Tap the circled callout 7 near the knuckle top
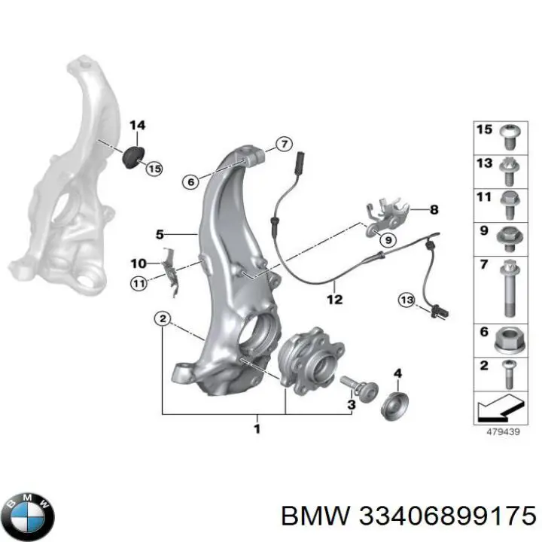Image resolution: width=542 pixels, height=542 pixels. pyautogui.click(x=282, y=145)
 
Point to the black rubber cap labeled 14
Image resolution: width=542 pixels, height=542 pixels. pyautogui.click(x=134, y=157)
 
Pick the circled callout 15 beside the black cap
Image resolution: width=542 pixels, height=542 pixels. pyautogui.click(x=154, y=169)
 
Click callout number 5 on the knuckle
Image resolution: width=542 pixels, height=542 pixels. pyautogui.click(x=160, y=234)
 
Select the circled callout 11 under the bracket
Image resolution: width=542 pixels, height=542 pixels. pyautogui.click(x=138, y=284)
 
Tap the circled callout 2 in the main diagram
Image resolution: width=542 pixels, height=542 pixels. pyautogui.click(x=162, y=319)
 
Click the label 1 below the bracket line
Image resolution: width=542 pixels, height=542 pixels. pyautogui.click(x=257, y=429)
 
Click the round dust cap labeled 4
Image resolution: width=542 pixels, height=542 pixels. pyautogui.click(x=392, y=406)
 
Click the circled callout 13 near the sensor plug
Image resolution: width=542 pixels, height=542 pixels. pyautogui.click(x=406, y=300)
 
